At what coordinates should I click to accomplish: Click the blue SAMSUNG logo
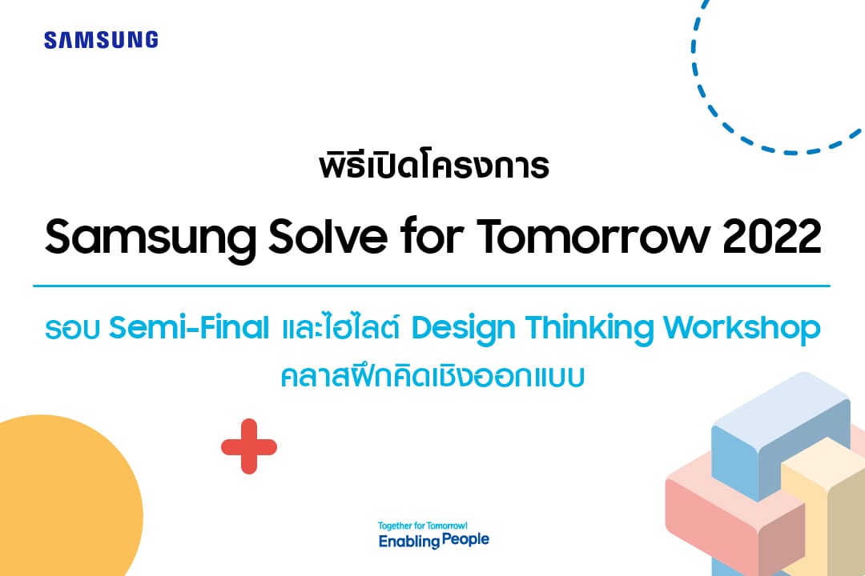[x=101, y=40]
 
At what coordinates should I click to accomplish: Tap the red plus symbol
[x=249, y=446]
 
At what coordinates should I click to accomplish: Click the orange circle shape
[x=66, y=496]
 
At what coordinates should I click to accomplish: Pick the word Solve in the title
[x=328, y=237]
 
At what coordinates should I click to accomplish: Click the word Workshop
[x=742, y=330]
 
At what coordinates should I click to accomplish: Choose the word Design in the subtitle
[x=463, y=330]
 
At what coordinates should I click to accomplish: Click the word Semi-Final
[x=189, y=327]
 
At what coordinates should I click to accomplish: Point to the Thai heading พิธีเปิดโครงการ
[x=434, y=165]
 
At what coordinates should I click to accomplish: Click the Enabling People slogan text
[x=433, y=540]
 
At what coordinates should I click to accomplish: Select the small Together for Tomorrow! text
[x=423, y=526]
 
